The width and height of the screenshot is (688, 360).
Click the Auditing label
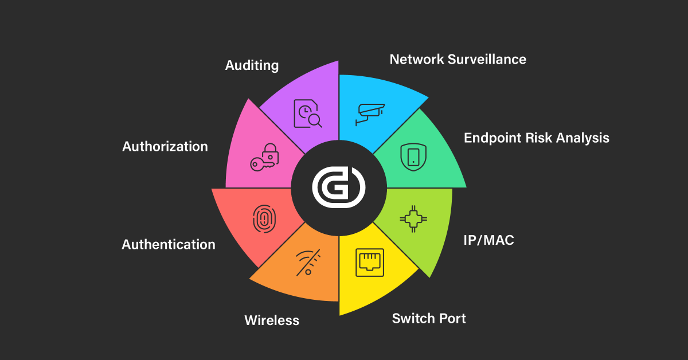click(252, 65)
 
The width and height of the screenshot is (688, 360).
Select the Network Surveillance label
click(458, 59)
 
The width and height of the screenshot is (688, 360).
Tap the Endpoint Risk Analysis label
click(536, 138)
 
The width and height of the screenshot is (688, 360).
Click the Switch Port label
click(429, 318)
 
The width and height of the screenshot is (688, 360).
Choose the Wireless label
click(272, 320)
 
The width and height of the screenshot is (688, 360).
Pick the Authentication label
click(169, 245)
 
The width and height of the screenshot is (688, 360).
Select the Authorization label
click(165, 146)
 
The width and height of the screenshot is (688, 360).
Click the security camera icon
click(370, 114)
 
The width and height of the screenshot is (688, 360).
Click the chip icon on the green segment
click(412, 218)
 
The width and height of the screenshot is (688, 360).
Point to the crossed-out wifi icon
click(308, 263)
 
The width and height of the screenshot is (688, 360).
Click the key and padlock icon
click(264, 157)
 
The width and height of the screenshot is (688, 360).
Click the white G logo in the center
click(338, 188)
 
